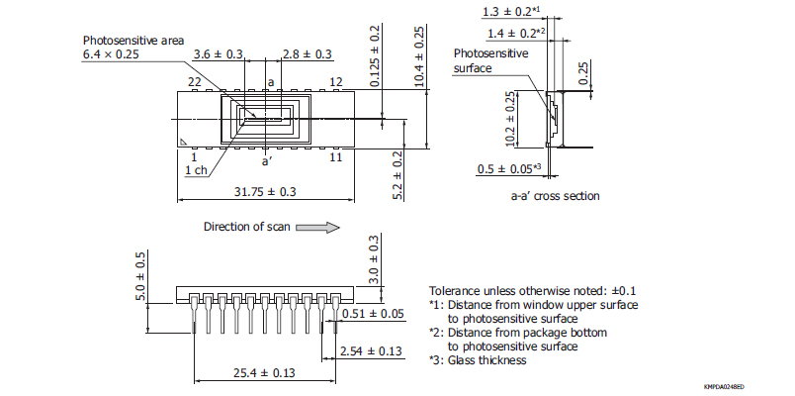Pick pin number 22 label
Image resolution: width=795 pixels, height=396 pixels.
point(194,81)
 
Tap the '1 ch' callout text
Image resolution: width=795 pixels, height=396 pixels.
point(196,170)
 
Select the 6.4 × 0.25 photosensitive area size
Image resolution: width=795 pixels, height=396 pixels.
point(112,54)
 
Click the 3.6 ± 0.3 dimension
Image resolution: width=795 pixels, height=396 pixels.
point(219,53)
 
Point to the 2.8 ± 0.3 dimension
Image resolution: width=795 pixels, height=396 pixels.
point(308,53)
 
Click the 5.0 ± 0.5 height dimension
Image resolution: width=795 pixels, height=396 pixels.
point(140,277)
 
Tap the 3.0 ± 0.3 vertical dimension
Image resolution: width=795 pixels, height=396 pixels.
point(374,259)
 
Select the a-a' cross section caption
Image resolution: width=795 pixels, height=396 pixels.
point(555,196)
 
